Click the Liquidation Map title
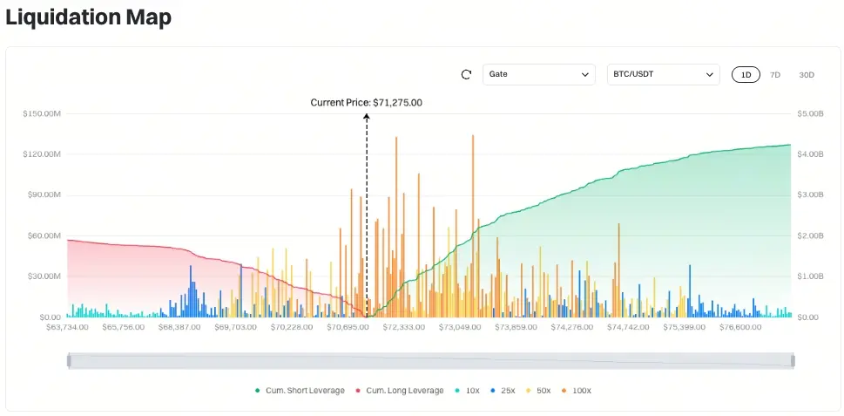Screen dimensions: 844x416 coord(88,17)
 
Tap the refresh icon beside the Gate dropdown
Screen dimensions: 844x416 coord(466,74)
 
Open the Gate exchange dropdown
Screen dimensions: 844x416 coord(539,74)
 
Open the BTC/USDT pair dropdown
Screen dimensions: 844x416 coord(663,74)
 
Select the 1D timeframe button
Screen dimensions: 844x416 coord(746,75)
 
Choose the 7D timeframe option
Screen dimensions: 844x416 coord(775,75)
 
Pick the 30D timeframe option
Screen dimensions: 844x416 coord(807,75)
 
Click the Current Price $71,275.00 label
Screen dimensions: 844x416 coord(367,102)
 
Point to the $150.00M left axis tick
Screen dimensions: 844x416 coord(41,113)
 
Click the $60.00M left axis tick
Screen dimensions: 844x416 coord(43,235)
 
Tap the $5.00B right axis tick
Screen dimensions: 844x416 coord(810,113)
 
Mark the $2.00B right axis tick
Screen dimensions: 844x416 coord(810,235)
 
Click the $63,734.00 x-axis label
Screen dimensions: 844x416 coord(67,327)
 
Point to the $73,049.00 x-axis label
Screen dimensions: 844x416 coord(460,327)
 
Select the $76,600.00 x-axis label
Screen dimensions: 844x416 coord(740,327)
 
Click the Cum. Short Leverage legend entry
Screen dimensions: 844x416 coord(300,391)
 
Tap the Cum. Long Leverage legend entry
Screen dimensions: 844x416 coord(400,391)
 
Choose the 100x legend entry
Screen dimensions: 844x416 coord(576,391)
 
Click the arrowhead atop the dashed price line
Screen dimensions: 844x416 coord(367,116)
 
